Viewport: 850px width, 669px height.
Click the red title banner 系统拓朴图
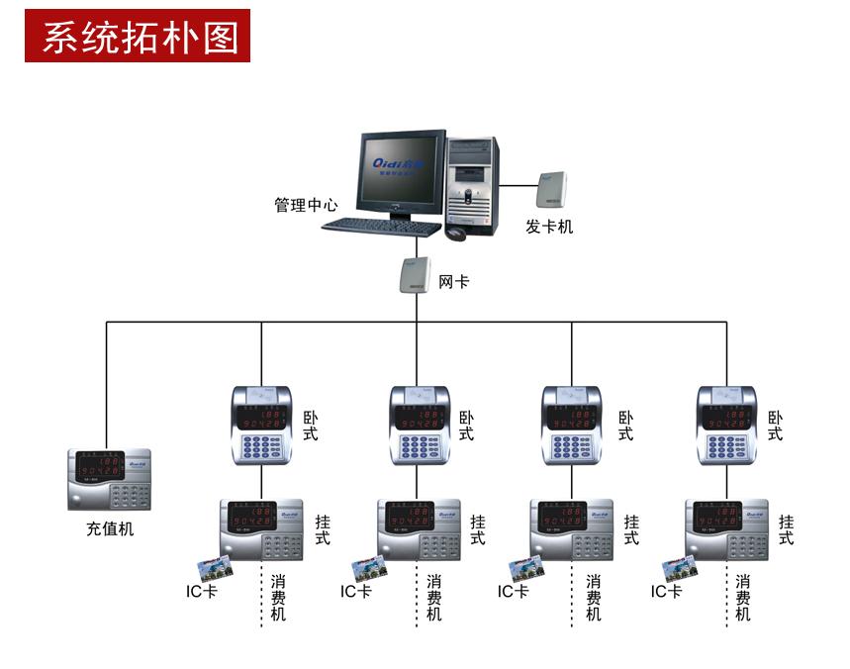coord(138,37)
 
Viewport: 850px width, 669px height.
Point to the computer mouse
coord(455,234)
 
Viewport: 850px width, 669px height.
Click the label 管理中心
coord(306,206)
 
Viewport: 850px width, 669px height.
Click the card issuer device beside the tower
coord(551,193)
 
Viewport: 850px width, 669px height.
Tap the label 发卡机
coord(549,228)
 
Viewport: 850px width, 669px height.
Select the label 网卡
coord(453,283)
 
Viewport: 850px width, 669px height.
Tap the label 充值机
coord(109,529)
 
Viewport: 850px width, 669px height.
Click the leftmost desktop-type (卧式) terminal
coord(261,425)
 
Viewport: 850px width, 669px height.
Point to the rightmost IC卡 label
coord(666,592)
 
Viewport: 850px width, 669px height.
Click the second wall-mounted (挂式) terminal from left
coord(419,530)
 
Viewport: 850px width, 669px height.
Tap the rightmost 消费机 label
coord(743,598)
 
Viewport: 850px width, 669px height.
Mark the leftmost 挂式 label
coord(323,529)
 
